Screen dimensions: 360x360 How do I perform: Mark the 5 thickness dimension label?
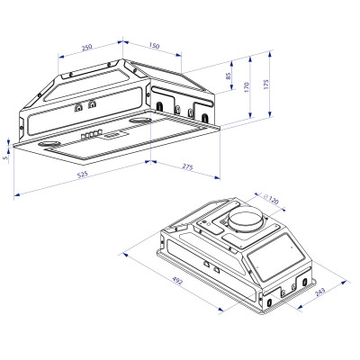(4, 158)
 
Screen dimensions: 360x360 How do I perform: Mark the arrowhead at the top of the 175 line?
(270, 50)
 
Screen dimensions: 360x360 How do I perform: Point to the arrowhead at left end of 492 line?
(123, 253)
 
